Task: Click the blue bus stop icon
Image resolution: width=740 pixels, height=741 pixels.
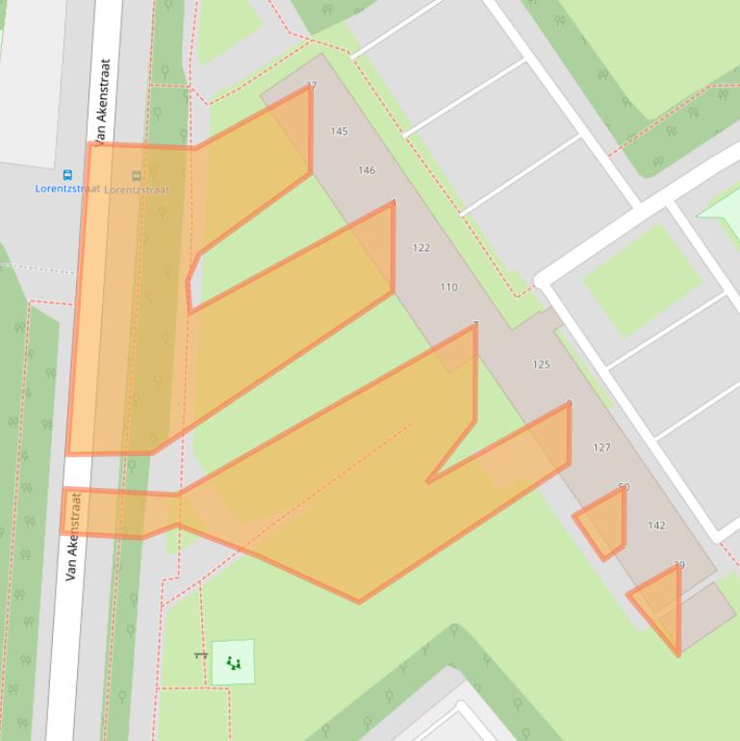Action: [67, 175]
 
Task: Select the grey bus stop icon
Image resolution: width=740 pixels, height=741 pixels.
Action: [136, 176]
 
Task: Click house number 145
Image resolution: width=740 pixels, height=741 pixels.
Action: [339, 131]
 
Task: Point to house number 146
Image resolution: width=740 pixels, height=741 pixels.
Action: [367, 170]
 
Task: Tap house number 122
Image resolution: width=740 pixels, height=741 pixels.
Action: [421, 247]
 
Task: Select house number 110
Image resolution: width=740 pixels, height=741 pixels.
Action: [448, 287]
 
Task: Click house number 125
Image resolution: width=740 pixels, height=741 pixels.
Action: [541, 365]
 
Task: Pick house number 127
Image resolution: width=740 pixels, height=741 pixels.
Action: [601, 447]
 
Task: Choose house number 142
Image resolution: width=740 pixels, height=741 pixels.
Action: [656, 525]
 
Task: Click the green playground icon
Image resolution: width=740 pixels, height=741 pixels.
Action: [233, 662]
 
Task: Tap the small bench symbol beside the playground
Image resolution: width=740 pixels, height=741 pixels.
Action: [200, 655]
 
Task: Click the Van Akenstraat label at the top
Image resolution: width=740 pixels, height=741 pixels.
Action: [105, 96]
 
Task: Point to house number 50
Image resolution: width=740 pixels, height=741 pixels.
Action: [624, 487]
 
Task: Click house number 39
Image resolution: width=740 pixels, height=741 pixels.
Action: [679, 566]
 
